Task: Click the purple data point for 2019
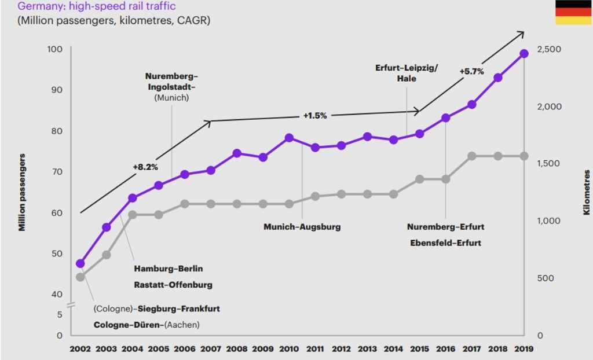tap(524, 54)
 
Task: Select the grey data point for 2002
tap(80, 277)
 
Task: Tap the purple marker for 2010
tap(289, 138)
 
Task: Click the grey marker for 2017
tap(471, 156)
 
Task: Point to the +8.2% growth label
tap(145, 167)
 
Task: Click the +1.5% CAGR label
tap(315, 115)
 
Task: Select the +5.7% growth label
tap(471, 71)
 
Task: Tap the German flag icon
tap(573, 12)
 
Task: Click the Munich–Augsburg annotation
tap(302, 227)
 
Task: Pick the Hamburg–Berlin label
tap(169, 269)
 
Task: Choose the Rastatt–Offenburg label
tap(173, 285)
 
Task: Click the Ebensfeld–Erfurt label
tap(445, 243)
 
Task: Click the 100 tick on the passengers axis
tap(54, 49)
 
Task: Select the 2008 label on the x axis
tap(237, 349)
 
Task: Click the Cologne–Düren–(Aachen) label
tap(147, 325)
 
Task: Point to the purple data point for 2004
tap(133, 198)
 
